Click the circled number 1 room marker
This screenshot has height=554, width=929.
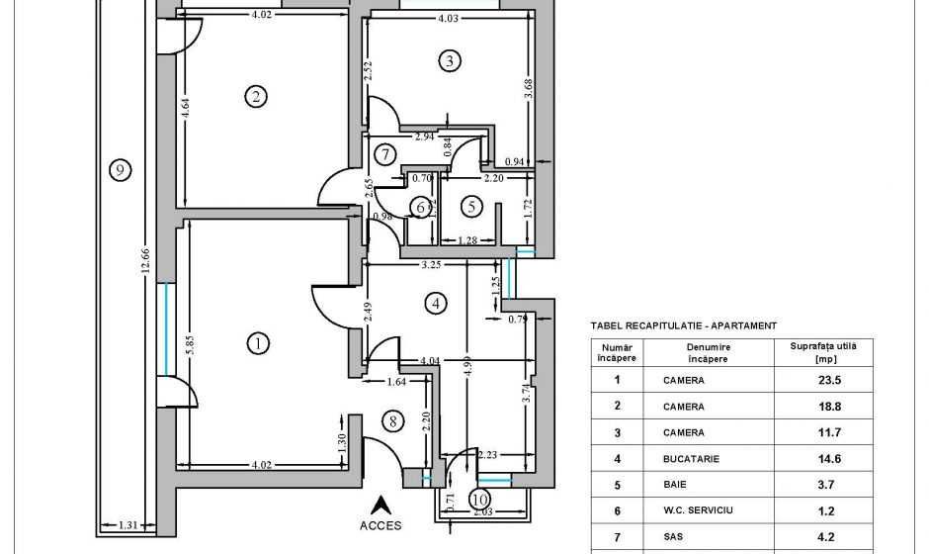(x=257, y=343)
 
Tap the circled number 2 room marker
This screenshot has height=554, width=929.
(x=256, y=96)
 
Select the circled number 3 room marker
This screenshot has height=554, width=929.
(x=449, y=61)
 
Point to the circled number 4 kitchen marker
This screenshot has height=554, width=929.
(x=435, y=304)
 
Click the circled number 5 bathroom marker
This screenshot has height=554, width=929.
(x=471, y=207)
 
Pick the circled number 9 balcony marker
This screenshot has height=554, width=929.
(x=119, y=170)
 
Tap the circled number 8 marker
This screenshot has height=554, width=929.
(x=393, y=421)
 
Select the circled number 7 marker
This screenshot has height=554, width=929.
(x=385, y=154)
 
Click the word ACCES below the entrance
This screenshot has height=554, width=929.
(x=381, y=525)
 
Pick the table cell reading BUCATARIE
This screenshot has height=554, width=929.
(x=684, y=459)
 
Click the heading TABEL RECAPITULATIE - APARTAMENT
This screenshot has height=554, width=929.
(x=683, y=325)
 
